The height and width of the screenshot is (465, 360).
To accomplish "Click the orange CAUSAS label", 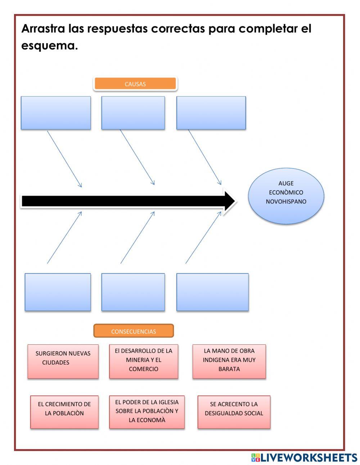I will click(x=135, y=84).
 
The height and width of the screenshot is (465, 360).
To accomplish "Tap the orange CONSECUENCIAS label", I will click(x=134, y=331).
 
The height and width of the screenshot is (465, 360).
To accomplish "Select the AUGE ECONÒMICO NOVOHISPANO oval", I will click(x=286, y=196).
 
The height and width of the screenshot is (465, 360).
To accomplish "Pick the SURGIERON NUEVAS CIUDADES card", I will click(x=63, y=361).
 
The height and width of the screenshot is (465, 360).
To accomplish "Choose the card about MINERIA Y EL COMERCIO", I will click(x=144, y=361).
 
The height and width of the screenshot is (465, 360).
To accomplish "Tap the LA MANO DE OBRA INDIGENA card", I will click(x=229, y=361).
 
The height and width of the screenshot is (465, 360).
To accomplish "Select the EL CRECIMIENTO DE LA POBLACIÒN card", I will click(x=64, y=412).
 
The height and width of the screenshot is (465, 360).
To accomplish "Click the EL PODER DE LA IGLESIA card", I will click(x=147, y=412).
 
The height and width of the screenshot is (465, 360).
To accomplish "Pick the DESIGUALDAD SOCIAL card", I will click(x=234, y=412).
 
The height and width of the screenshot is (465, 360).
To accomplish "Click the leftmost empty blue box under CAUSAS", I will click(x=56, y=113).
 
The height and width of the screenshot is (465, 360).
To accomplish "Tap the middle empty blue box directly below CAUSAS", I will click(x=133, y=113).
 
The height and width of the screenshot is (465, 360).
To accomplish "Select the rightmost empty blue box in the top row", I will click(x=211, y=113).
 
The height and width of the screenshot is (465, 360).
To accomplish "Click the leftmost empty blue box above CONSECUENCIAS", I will click(x=58, y=292).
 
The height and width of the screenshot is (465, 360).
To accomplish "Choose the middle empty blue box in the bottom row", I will click(x=133, y=292).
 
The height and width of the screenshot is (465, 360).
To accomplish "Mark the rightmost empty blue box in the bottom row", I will click(x=212, y=292).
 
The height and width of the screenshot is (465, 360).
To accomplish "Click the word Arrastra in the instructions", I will click(x=43, y=29).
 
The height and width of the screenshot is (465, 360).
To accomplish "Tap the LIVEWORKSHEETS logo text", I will click(x=309, y=457).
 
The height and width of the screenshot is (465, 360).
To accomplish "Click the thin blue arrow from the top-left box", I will click(x=64, y=158).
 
